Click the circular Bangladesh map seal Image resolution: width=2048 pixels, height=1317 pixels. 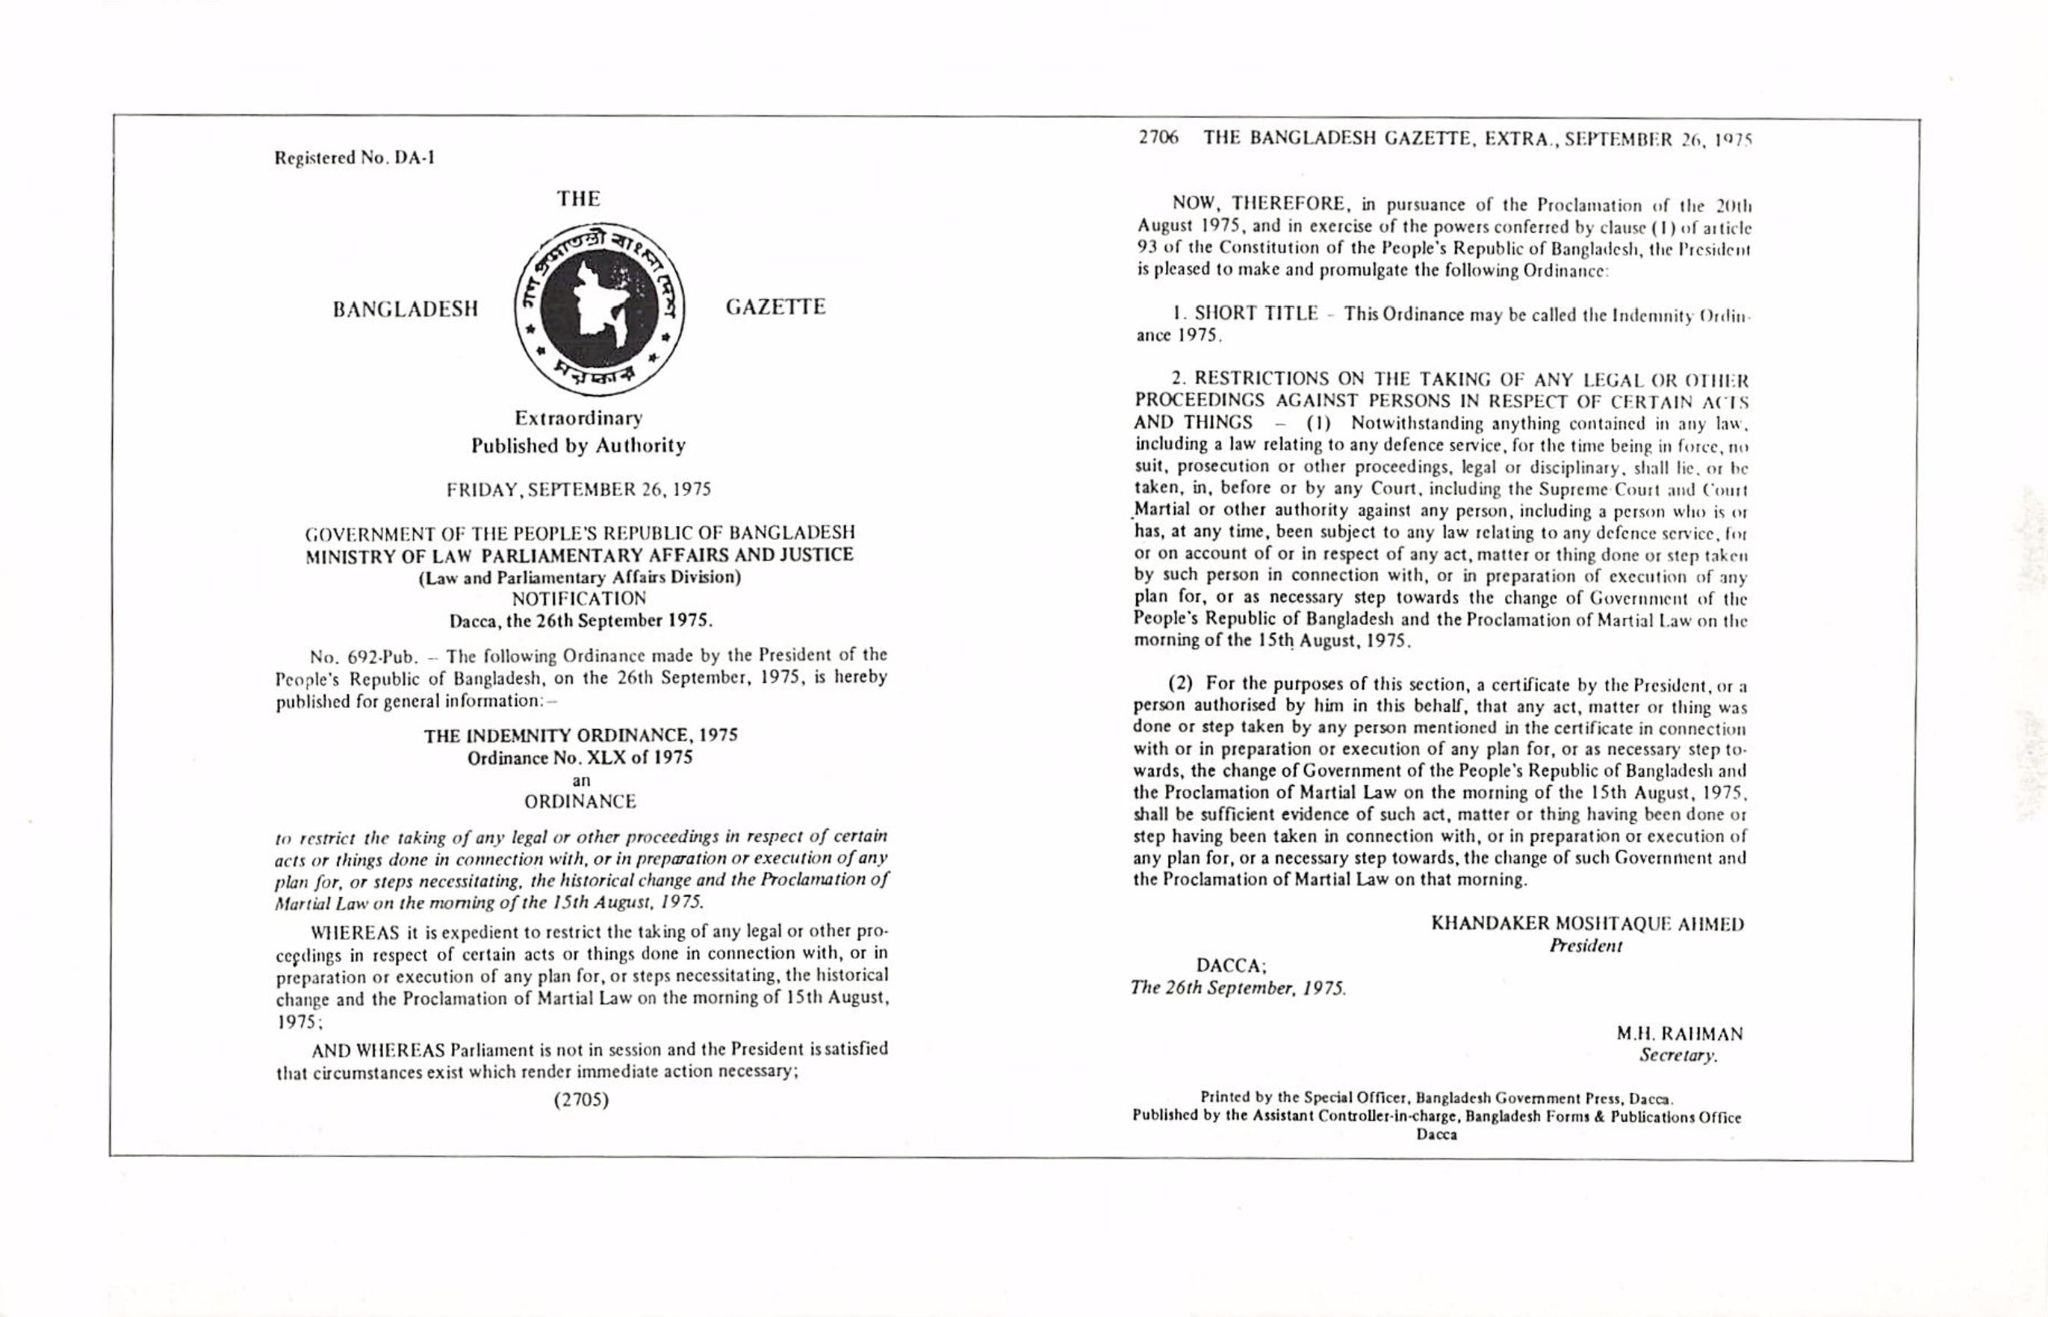600,309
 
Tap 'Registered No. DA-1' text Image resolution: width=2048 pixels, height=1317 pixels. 354,158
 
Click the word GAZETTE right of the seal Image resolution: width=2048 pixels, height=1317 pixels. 775,307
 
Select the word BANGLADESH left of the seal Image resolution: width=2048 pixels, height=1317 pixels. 406,309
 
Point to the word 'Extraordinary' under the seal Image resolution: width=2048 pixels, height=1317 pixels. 578,418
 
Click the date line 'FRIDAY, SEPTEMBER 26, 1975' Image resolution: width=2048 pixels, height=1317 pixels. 579,490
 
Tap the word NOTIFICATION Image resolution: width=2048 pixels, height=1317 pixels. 579,598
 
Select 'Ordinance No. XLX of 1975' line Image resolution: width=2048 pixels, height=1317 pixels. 580,757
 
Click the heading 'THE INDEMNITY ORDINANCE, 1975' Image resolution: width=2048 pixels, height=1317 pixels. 580,736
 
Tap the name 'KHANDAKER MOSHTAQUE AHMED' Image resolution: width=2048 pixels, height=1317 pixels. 1587,923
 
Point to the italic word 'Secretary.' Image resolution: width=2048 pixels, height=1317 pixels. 1678,1056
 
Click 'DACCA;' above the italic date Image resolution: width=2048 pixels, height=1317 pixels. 1230,965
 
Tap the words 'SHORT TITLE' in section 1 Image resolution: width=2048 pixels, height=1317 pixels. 1256,314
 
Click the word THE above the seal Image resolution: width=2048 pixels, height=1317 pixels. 579,199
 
